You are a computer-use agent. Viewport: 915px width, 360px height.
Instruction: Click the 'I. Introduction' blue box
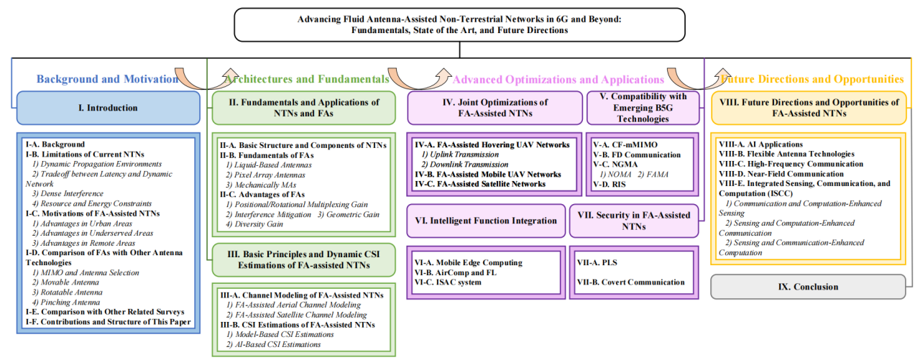pyautogui.click(x=109, y=108)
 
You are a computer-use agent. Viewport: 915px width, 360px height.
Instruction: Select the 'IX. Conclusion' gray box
pyautogui.click(x=808, y=287)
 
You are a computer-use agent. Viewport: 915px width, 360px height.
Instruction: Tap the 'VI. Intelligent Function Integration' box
pyautogui.click(x=486, y=221)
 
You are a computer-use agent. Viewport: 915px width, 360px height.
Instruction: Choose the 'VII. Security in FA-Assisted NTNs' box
pyautogui.click(x=634, y=221)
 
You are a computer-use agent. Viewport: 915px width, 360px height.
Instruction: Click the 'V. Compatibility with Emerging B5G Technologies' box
pyautogui.click(x=643, y=108)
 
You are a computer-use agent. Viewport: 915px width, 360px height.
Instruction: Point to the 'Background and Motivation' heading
pyautogui.click(x=107, y=79)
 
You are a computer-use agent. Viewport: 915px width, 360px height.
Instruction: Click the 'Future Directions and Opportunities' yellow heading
pyautogui.click(x=812, y=79)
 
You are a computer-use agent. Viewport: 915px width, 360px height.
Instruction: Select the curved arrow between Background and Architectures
pyautogui.click(x=206, y=79)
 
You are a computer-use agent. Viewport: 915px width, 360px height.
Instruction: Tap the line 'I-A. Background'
pyautogui.click(x=55, y=144)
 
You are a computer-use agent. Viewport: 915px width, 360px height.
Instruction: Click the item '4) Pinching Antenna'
pyautogui.click(x=66, y=303)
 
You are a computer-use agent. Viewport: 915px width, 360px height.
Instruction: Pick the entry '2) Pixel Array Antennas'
pyautogui.click(x=265, y=175)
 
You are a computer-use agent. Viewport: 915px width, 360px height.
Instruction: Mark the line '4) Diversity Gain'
pyautogui.click(x=254, y=224)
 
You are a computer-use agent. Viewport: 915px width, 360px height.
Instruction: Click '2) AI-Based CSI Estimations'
pyautogui.click(x=274, y=344)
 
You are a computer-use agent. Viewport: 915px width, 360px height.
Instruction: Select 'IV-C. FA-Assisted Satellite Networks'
pyautogui.click(x=480, y=184)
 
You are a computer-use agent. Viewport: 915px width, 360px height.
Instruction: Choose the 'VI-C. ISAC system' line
pyautogui.click(x=448, y=282)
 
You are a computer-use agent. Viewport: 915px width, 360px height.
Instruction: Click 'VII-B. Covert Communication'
pyautogui.click(x=630, y=282)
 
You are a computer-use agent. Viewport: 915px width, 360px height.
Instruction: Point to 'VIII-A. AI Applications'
pyautogui.click(x=760, y=144)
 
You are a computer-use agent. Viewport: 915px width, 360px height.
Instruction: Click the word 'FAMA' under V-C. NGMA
pyautogui.click(x=657, y=175)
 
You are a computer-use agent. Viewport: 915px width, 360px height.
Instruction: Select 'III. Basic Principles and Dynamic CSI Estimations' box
pyautogui.click(x=304, y=260)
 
